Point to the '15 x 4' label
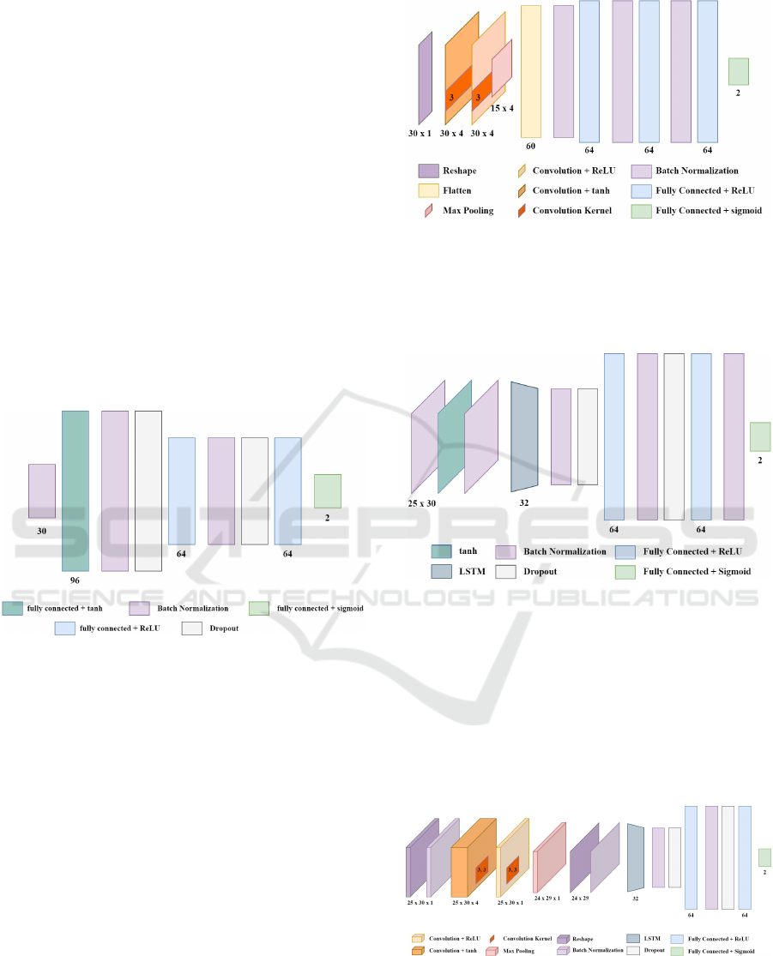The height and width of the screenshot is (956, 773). [502, 108]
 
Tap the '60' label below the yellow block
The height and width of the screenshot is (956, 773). [530, 146]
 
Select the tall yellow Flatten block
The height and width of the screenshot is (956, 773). [531, 70]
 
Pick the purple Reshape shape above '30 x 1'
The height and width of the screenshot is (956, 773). [426, 79]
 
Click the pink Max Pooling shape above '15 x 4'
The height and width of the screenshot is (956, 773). [501, 69]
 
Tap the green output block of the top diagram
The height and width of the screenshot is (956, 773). [738, 71]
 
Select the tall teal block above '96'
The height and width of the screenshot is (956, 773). [75, 490]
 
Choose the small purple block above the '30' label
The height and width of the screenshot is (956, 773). [42, 490]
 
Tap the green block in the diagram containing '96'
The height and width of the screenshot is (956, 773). [328, 491]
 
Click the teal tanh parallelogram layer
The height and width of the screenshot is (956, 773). [455, 436]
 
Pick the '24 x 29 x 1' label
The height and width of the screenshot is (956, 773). [547, 898]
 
